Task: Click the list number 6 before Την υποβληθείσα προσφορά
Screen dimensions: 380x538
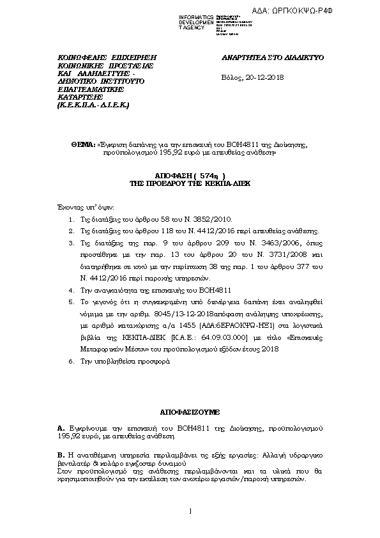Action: click(70, 362)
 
